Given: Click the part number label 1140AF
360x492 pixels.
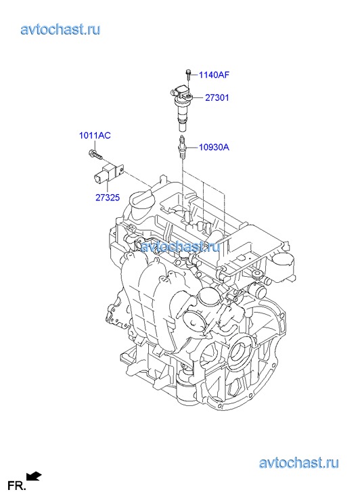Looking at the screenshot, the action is click(x=214, y=75).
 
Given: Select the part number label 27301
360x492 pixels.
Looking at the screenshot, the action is click(x=217, y=98).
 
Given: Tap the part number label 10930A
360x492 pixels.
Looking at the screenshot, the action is click(x=214, y=147).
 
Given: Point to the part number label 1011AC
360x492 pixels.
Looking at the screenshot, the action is click(x=95, y=135).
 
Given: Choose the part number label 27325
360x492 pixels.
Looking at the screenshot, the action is click(x=108, y=198).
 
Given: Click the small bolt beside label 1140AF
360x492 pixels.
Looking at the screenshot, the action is click(x=187, y=74).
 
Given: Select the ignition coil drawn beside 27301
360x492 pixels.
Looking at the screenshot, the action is click(x=181, y=108).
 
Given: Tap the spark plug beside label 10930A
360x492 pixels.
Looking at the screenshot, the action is click(x=182, y=147).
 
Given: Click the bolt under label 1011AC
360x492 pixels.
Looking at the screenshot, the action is click(x=95, y=154).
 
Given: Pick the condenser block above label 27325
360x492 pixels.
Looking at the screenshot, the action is click(x=107, y=174).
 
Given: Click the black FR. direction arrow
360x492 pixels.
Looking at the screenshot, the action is click(x=34, y=476).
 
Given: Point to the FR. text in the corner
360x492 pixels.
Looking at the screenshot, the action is click(x=16, y=486).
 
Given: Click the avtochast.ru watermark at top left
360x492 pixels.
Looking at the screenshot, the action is click(x=61, y=30).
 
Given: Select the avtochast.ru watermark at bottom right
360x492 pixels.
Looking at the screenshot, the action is click(x=299, y=463).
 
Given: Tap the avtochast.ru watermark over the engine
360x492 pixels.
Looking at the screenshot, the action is click(x=181, y=246).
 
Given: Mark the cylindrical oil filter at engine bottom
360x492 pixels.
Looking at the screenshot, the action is click(x=185, y=386).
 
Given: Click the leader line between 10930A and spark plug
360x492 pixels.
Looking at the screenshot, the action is click(x=192, y=147).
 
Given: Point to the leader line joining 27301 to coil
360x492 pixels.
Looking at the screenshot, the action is click(x=198, y=98).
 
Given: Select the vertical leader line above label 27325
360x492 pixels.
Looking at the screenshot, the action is click(x=107, y=189).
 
